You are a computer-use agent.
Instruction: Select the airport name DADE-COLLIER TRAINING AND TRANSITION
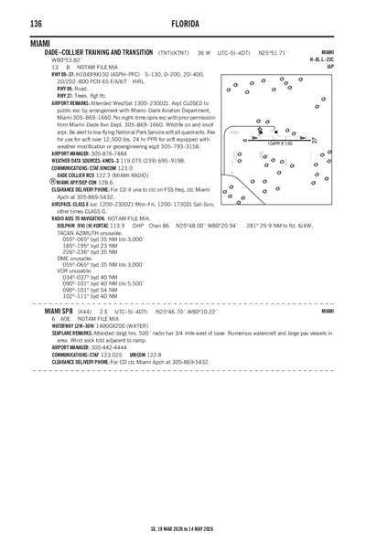point(99,53)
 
